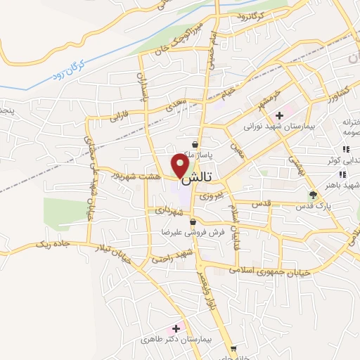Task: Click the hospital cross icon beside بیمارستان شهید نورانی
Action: pos(280,115)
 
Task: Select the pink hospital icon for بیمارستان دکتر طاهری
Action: pos(175,328)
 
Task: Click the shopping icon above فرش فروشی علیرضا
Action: pos(183,222)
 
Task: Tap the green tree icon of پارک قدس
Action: pos(314,194)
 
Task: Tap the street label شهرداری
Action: pos(167,210)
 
